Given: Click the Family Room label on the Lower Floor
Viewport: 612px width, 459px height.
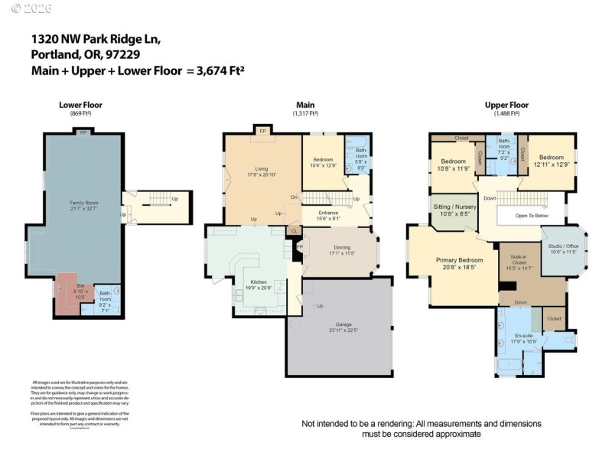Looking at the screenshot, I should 84,203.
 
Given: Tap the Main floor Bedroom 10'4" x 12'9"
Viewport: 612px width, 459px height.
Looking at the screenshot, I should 322,161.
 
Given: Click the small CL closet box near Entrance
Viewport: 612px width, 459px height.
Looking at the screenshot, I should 294,230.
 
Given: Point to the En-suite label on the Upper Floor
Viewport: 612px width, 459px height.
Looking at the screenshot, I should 524,337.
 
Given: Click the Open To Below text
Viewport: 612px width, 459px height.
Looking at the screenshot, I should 532,216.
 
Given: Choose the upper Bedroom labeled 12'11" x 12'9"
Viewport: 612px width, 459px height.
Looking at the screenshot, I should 546,160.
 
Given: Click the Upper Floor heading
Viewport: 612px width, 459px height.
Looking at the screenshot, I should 506,105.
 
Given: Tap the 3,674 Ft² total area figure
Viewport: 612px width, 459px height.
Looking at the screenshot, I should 216,70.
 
